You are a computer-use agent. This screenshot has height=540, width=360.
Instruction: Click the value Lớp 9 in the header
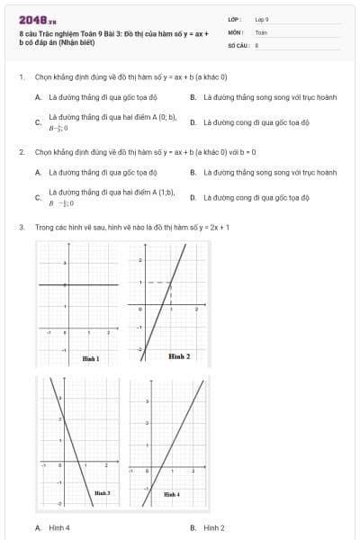pyautogui.click(x=262, y=19)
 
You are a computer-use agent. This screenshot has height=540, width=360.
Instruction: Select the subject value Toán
pyautogui.click(x=261, y=31)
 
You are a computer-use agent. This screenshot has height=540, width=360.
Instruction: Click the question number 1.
pyautogui.click(x=20, y=77)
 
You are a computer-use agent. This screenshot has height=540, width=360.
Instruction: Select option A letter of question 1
pyautogui.click(x=38, y=96)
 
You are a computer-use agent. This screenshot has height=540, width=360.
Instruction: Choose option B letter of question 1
pyautogui.click(x=193, y=96)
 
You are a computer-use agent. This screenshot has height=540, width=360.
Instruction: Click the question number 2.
pyautogui.click(x=20, y=152)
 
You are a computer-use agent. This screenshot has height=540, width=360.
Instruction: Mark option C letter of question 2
pyautogui.click(x=38, y=197)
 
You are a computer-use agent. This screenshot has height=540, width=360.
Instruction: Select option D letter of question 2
pyautogui.click(x=193, y=196)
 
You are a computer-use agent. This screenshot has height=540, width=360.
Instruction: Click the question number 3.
pyautogui.click(x=20, y=228)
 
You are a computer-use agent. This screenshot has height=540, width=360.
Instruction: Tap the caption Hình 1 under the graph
pyautogui.click(x=90, y=358)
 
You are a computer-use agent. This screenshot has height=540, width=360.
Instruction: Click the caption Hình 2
pyautogui.click(x=179, y=356)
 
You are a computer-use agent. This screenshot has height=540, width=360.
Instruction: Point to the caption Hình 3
pyautogui.click(x=102, y=492)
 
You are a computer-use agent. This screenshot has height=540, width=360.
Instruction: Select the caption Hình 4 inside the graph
pyautogui.click(x=171, y=493)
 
